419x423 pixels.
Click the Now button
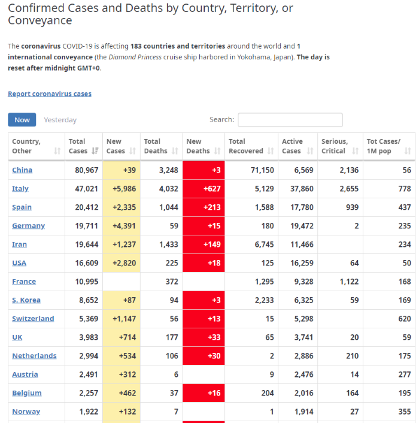click(22, 120)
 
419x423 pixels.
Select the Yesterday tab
click(60, 120)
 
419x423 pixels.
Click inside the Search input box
click(290, 120)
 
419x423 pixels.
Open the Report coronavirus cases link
click(50, 94)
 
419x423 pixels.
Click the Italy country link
click(20, 189)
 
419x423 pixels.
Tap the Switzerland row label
click(33, 319)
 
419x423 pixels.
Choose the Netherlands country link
click(34, 356)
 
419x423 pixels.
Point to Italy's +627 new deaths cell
click(202, 189)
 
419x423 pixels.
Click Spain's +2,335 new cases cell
click(122, 207)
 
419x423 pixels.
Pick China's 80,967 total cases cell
click(84, 170)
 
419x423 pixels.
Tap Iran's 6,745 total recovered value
click(250, 244)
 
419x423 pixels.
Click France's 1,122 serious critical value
click(339, 282)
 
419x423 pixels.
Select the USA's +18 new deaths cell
click(202, 263)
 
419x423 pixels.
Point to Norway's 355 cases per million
click(389, 412)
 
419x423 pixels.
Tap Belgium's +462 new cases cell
click(122, 393)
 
